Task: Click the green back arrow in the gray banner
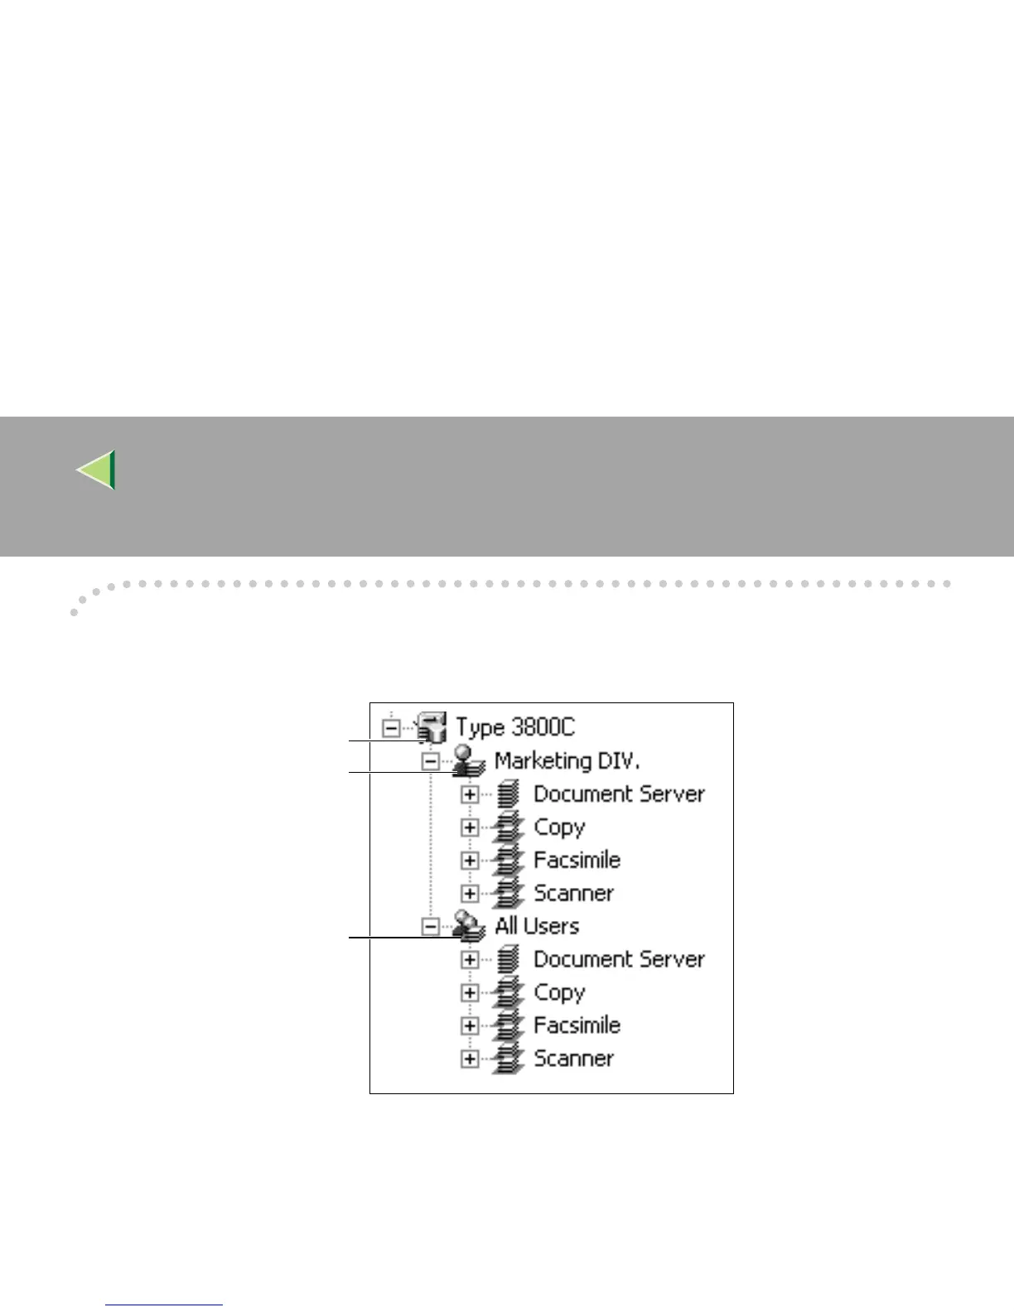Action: (96, 470)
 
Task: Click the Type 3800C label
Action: (514, 727)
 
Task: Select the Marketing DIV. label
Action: (567, 760)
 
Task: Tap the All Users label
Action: (537, 925)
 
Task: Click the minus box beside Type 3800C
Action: (391, 728)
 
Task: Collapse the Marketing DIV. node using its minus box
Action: (430, 761)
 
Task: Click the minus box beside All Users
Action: (430, 926)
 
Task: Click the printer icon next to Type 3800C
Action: (432, 727)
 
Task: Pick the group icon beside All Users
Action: (468, 926)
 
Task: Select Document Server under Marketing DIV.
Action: (618, 793)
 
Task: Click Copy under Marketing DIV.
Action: (559, 827)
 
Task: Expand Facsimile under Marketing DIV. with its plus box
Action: (470, 861)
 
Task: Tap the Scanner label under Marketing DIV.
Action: (573, 893)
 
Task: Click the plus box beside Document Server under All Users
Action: (470, 959)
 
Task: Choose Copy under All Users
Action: (559, 991)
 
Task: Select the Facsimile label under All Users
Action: (577, 1025)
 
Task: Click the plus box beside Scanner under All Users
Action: (470, 1059)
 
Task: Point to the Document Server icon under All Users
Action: (509, 959)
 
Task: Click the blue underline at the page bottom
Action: (164, 1305)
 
